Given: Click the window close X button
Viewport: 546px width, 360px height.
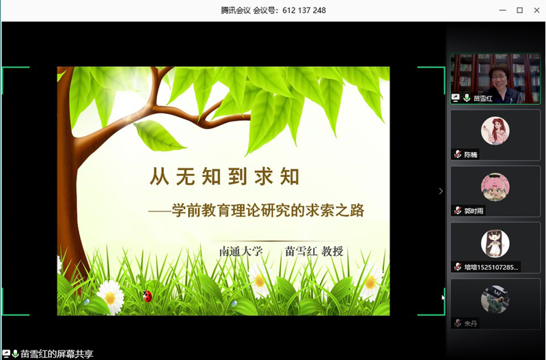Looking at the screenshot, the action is point(536,10).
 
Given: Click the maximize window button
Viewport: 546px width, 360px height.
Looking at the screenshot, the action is point(519,10).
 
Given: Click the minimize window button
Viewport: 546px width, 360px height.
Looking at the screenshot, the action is point(502,10).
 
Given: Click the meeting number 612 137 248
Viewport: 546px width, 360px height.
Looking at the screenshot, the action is point(304,10).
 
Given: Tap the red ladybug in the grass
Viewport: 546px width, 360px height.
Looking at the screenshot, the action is point(148,296).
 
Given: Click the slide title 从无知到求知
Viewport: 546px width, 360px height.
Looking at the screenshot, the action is point(225,176).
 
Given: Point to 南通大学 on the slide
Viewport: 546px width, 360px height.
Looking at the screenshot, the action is point(241,251).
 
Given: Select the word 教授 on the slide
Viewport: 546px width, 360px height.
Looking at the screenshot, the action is point(332,251).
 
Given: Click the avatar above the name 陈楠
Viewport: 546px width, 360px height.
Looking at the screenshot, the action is point(495,131).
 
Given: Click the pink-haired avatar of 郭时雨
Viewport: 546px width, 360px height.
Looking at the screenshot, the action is point(495,187).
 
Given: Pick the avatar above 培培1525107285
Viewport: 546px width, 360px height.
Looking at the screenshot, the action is point(495,243).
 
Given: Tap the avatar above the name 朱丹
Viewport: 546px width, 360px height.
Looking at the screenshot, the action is point(495,299).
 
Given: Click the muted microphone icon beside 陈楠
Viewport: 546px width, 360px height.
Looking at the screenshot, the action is point(458,154).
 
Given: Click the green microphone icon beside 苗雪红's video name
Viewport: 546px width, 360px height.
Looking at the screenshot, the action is point(467,98).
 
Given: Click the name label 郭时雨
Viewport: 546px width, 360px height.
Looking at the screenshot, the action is point(474,210).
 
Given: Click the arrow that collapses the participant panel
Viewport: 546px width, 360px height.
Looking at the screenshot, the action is point(441,191).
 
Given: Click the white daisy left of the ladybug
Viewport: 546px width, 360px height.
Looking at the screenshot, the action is point(111,297).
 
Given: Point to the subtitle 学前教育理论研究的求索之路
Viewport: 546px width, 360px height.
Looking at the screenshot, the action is point(268,210).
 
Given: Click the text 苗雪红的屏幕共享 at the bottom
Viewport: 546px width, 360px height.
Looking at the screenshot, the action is point(57,355).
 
